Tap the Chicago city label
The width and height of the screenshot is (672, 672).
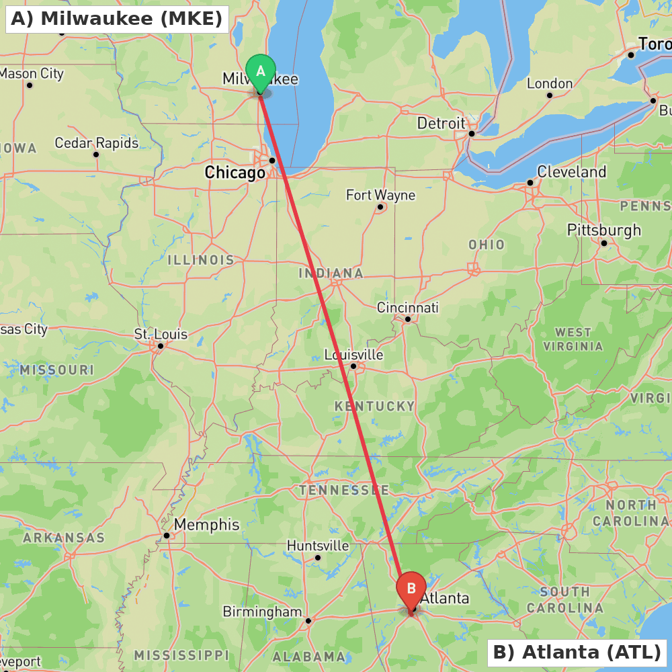tap(235, 173)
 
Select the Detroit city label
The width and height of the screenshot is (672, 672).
tap(441, 124)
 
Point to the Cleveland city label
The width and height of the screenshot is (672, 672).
tap(571, 172)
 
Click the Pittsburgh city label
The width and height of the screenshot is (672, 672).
tap(603, 230)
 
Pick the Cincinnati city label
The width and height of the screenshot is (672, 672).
tap(407, 308)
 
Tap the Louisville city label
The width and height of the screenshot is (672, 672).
tap(353, 354)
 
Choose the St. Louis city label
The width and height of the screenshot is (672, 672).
tap(161, 334)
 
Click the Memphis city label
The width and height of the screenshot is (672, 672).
tap(206, 525)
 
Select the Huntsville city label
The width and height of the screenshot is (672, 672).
tap(318, 546)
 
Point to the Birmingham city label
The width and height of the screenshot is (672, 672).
tap(262, 612)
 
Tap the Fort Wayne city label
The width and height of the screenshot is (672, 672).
tap(380, 196)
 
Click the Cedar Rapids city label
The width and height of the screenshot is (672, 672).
tap(96, 143)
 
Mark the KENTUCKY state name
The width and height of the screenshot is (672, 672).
tap(375, 406)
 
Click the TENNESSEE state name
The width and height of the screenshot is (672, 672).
tap(344, 490)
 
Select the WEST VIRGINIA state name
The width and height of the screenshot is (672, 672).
tap(573, 339)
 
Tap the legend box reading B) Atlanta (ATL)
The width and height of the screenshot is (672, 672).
tap(577, 652)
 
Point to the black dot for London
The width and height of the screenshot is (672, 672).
tap(550, 95)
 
